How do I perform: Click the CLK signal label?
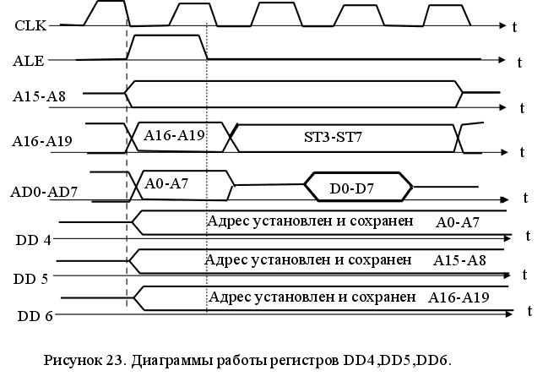[30, 25]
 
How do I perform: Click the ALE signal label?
[30, 61]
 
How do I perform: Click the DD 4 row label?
[34, 240]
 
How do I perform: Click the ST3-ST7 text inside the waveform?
[332, 136]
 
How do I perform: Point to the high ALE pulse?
[166, 47]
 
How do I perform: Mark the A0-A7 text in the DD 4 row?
[459, 222]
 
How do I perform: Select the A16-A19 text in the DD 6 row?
[459, 297]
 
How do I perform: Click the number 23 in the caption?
[115, 361]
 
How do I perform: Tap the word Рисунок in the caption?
[73, 361]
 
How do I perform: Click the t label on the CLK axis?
[514, 27]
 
